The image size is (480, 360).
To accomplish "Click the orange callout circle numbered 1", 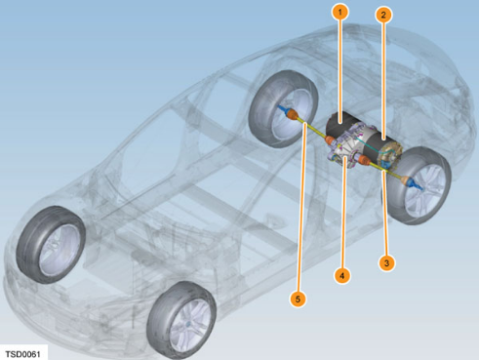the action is pos(340,12).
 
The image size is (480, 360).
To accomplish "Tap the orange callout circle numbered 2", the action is pos(383,15).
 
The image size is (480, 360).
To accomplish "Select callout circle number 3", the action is pos(386,262).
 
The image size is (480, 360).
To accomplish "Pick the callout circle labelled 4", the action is pos(341,275).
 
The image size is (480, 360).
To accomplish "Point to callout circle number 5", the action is pos(298,299).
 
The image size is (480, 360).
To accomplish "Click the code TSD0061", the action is pos(22,354).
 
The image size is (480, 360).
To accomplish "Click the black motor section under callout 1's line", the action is pos(340,125).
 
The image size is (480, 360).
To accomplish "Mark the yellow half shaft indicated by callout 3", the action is pos(386,170).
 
